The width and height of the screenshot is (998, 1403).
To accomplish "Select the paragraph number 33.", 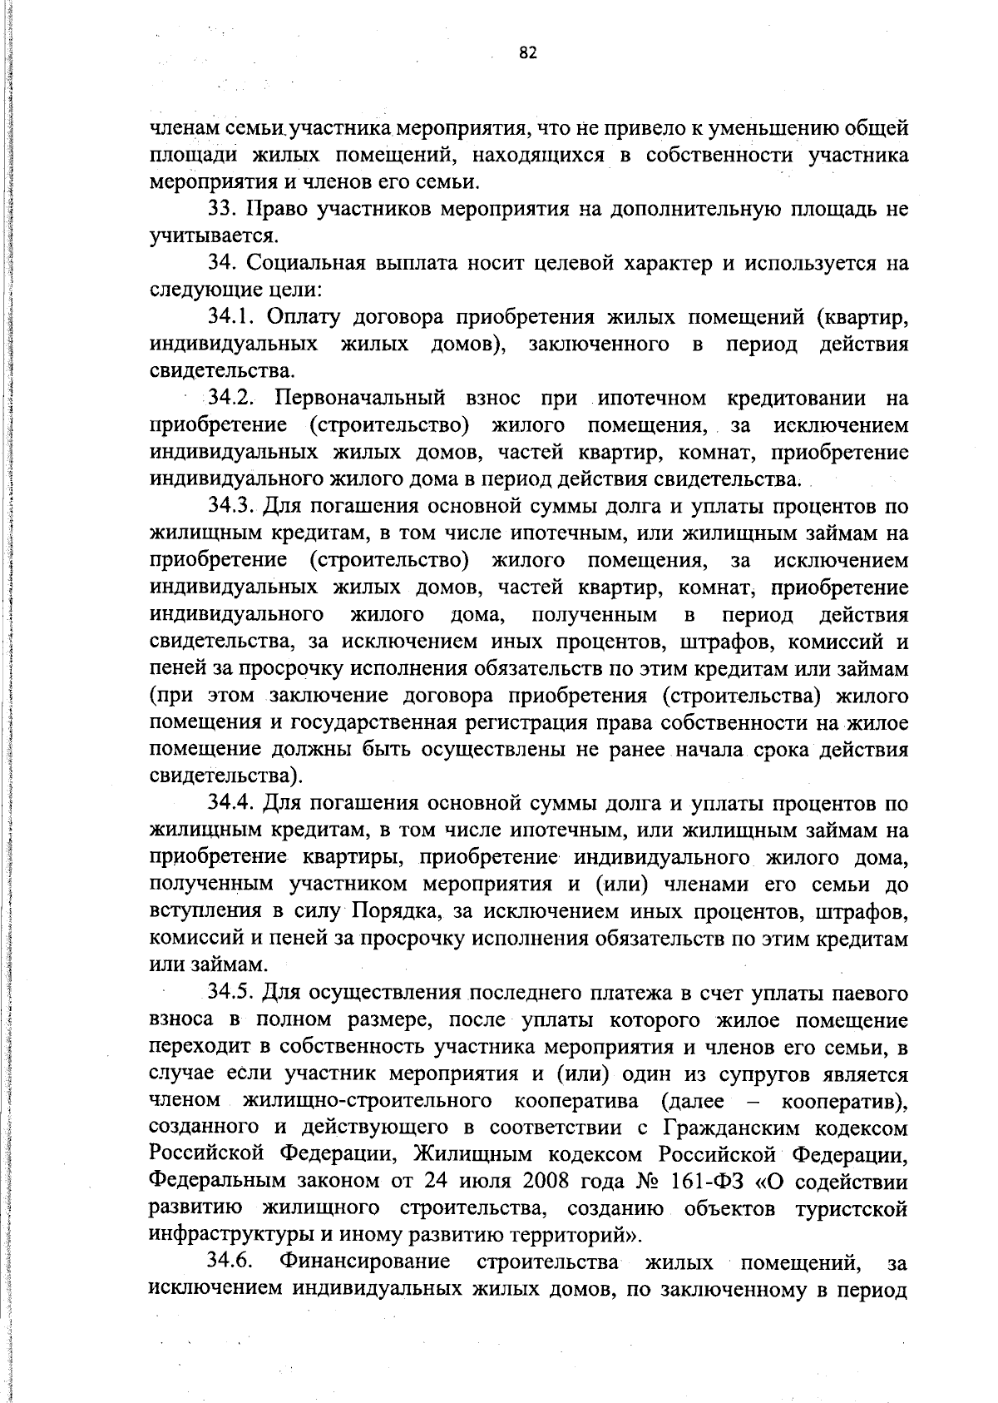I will pos(221,209).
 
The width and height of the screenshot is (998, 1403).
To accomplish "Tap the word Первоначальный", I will pos(360,398).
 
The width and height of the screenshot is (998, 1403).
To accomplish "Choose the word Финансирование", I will pos(365,1262).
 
